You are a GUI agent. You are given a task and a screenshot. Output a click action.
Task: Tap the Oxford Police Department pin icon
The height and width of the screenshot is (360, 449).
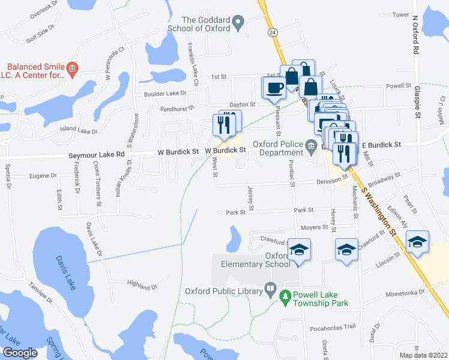coord(312,145)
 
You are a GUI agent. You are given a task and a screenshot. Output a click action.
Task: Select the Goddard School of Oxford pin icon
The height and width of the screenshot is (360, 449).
coord(239,24)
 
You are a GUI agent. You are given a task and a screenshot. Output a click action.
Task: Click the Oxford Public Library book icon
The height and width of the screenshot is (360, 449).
coord(270,292)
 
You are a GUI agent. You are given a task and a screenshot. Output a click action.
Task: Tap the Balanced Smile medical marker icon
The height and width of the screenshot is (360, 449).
coord(72,70)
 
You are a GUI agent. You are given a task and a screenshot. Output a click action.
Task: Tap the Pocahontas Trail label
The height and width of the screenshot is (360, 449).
coord(333,329)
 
